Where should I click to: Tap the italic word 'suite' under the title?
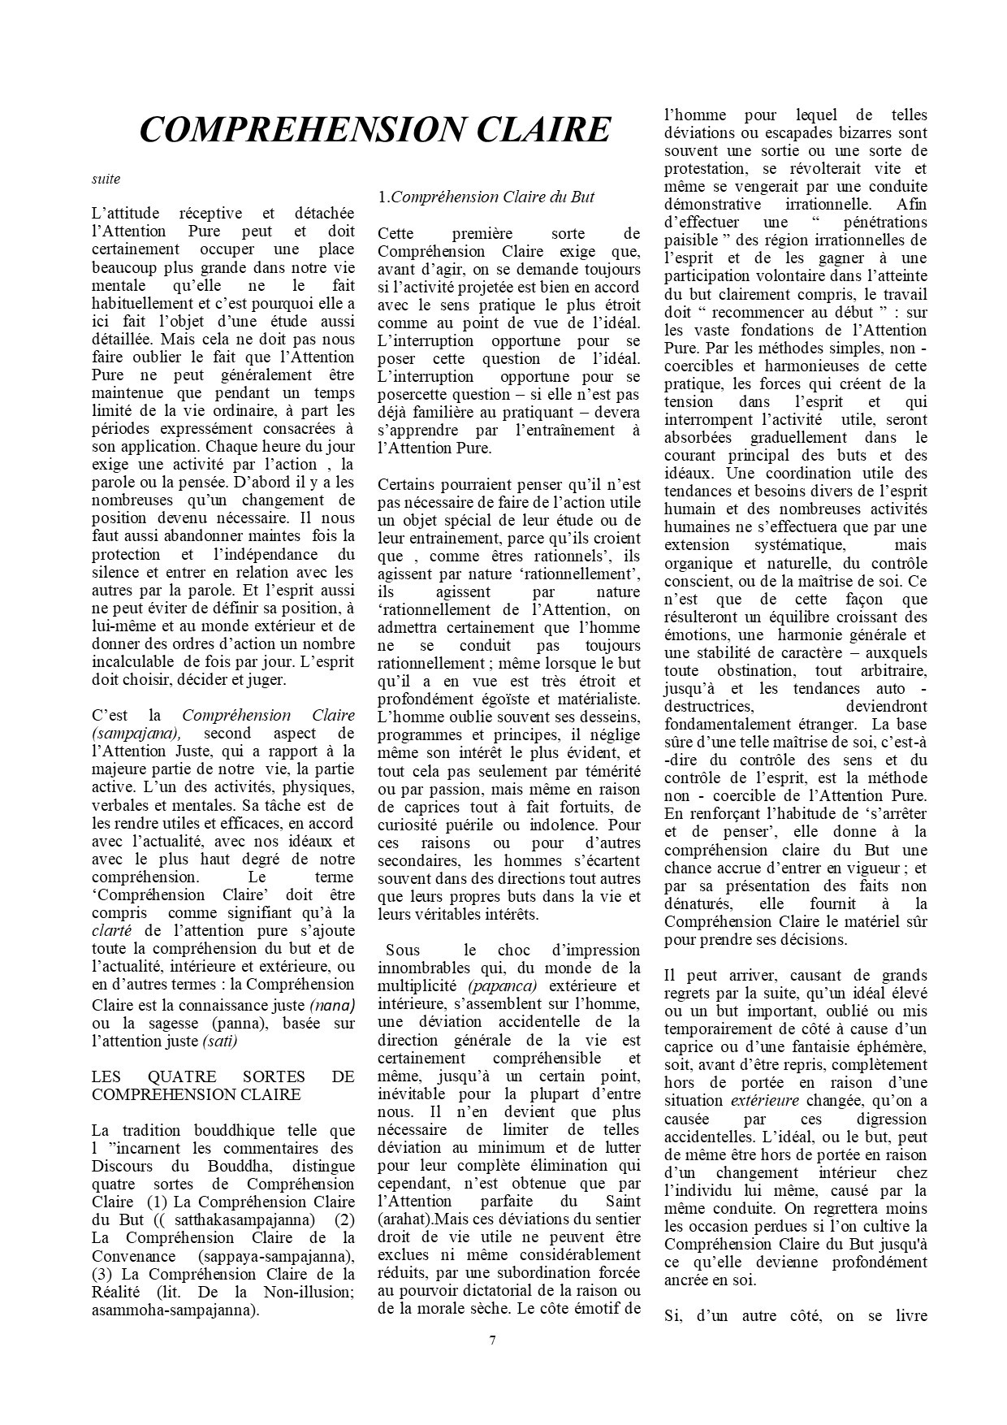106,179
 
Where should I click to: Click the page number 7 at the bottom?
492,1340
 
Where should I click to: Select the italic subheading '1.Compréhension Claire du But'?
486,197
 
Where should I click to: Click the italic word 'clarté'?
111,931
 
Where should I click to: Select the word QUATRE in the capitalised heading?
179,1076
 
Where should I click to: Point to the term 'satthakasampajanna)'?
251,1219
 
